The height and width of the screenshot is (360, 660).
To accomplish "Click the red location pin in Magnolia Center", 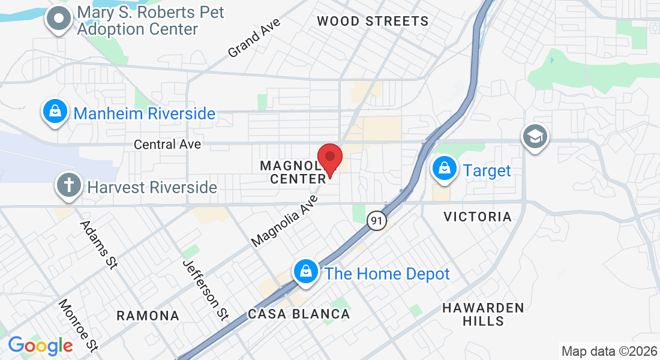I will [x=329, y=159].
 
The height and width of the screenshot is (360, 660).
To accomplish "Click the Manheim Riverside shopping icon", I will [x=55, y=112].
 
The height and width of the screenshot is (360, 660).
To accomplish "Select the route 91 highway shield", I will [x=376, y=221].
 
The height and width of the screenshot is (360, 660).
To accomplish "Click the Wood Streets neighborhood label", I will [x=373, y=22].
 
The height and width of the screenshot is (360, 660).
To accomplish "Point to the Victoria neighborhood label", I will [x=478, y=217].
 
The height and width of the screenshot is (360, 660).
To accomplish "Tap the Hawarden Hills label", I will [x=483, y=314].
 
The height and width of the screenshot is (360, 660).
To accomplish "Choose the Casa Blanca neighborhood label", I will [x=299, y=314].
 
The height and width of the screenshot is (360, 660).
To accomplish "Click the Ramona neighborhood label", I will [x=148, y=316].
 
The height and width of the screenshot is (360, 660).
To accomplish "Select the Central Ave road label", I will [x=167, y=145].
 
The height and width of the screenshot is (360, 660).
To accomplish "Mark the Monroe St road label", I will [x=78, y=325].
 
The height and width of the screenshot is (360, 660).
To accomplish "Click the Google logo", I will [x=40, y=346].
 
